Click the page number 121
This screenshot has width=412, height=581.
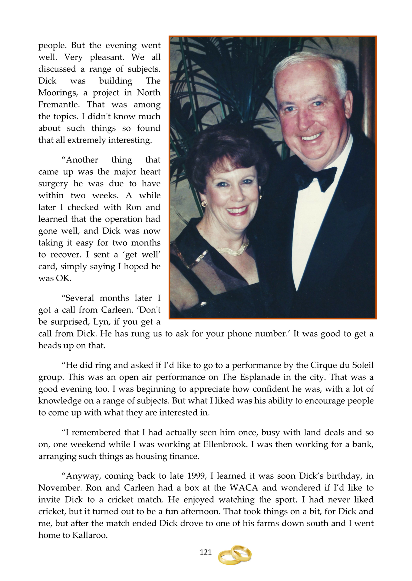[x=206, y=552]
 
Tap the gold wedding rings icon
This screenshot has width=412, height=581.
[x=235, y=555]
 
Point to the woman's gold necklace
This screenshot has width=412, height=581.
[x=233, y=249]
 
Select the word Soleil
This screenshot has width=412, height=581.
[x=363, y=365]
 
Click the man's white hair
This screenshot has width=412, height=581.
[x=309, y=61]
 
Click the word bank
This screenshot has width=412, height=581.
[x=362, y=444]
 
